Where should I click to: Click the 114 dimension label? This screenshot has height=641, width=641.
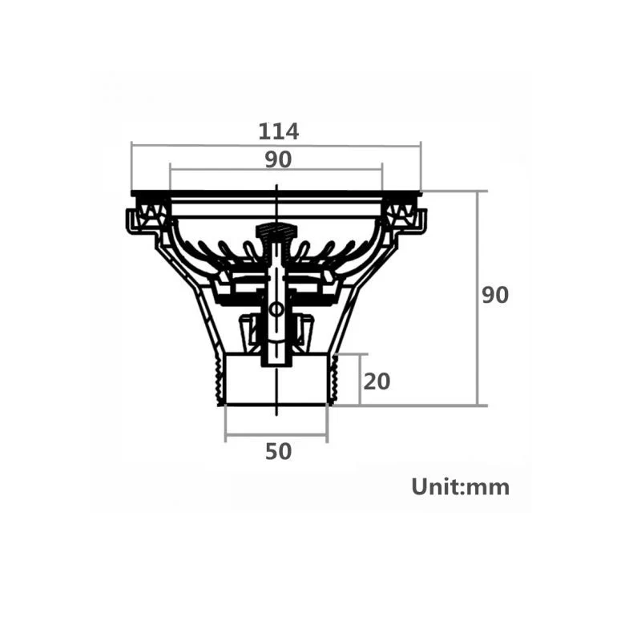[x=278, y=131]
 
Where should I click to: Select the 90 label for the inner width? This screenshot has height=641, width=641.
[x=278, y=159]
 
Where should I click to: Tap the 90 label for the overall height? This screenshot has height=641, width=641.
[x=495, y=295]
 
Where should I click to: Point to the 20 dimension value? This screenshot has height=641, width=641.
[x=377, y=381]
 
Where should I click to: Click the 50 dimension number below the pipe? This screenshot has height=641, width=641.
[x=278, y=451]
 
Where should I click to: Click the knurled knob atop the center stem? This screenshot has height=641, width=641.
[x=276, y=232]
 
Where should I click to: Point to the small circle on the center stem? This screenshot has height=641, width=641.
[x=276, y=308]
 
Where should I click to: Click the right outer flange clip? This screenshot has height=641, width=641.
[x=415, y=220]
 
